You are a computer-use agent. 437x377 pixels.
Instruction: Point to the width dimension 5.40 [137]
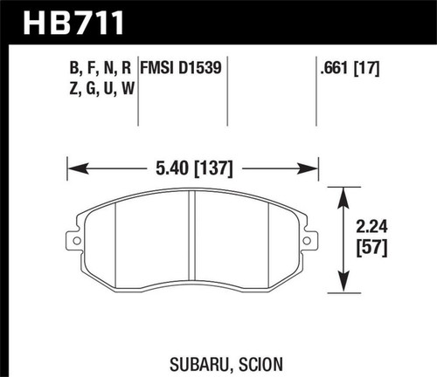(x=191, y=163)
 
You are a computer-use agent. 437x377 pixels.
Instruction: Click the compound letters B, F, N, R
(x=101, y=66)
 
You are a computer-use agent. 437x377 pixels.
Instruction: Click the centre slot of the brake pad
(x=191, y=244)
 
